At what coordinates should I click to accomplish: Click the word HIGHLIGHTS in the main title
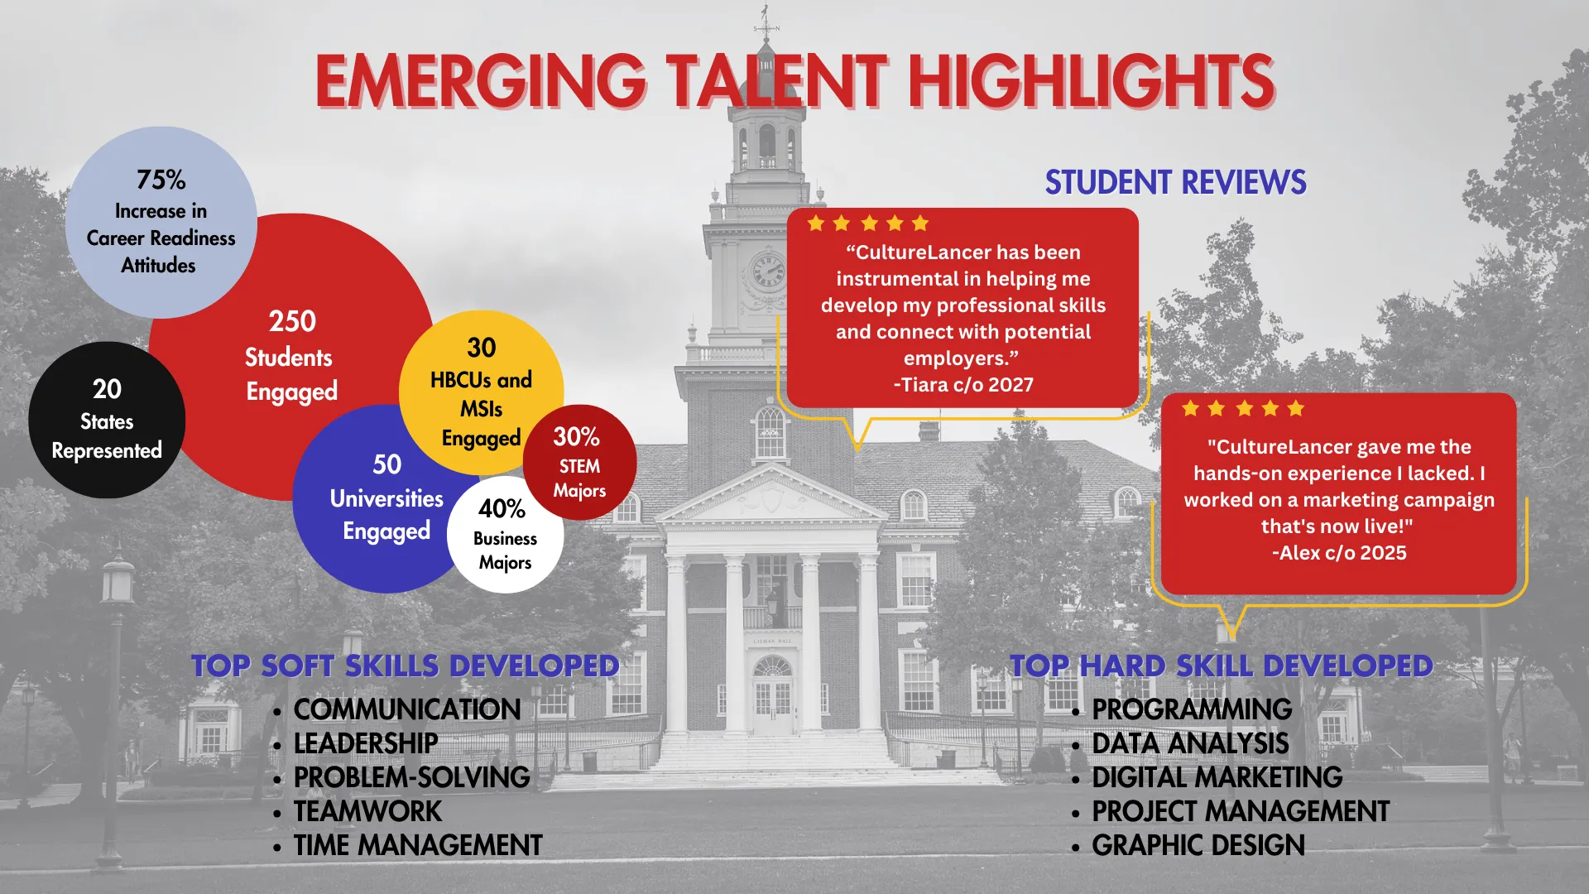click(x=1092, y=81)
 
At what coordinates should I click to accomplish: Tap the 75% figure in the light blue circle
click(x=161, y=180)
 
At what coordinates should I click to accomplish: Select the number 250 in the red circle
click(x=292, y=321)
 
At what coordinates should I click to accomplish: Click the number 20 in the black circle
click(x=107, y=389)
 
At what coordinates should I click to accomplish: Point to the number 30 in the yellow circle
click(x=481, y=348)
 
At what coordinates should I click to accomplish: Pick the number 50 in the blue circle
click(x=386, y=464)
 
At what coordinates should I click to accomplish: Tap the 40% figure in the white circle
click(x=502, y=508)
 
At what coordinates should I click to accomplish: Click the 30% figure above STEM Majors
click(x=576, y=436)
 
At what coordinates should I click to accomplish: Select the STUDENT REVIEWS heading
click(x=1175, y=182)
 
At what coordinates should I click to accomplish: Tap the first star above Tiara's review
click(x=816, y=223)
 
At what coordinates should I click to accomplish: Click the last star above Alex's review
click(x=1296, y=408)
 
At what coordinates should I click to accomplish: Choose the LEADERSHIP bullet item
click(x=366, y=743)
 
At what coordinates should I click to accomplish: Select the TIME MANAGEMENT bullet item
click(x=418, y=845)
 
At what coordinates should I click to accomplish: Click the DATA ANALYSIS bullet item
click(x=1190, y=743)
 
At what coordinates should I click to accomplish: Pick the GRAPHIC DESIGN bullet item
click(x=1198, y=845)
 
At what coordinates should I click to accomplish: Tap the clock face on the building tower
click(x=767, y=271)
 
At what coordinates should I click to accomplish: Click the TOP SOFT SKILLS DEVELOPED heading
click(x=405, y=666)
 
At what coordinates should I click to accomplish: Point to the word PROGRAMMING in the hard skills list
click(x=1192, y=709)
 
